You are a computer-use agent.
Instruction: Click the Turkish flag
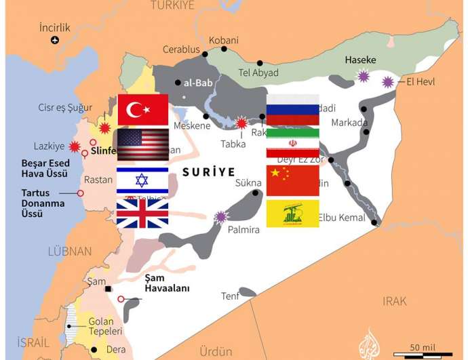tap(142, 110)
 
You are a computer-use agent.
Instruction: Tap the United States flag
tap(142, 144)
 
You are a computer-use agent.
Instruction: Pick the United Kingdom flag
tap(142, 213)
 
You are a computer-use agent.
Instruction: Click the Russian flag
tap(292, 110)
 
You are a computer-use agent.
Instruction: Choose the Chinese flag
tap(292, 180)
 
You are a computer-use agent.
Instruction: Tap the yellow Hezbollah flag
tap(292, 214)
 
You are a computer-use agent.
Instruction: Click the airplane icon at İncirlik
tap(55, 40)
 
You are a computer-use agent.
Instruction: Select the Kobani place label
tap(223, 41)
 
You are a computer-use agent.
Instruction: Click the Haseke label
tap(360, 60)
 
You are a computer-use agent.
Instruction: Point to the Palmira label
tap(243, 230)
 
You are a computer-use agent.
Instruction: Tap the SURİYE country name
tap(208, 172)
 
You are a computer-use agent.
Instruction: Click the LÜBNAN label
tap(69, 252)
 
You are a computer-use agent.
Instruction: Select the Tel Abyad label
tap(258, 73)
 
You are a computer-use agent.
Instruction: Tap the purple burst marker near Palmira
tap(220, 217)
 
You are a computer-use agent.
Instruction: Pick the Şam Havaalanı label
tap(167, 283)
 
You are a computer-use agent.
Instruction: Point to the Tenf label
tap(230, 296)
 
